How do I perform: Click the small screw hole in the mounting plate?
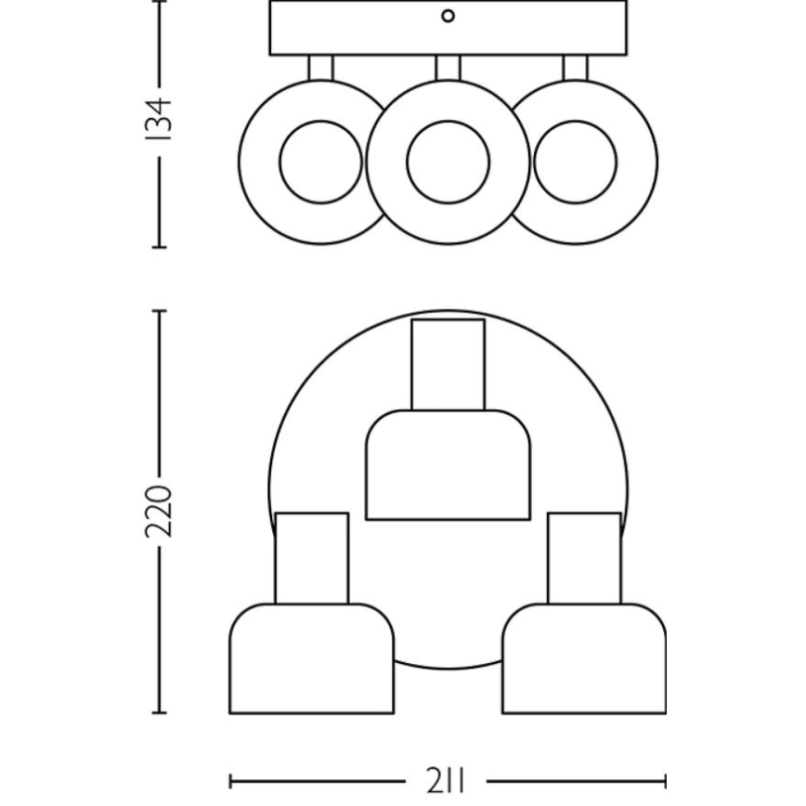(x=448, y=16)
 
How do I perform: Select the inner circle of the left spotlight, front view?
(x=320, y=162)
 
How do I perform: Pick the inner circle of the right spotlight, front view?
(x=576, y=162)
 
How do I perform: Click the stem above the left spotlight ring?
(x=320, y=68)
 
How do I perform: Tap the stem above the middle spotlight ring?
(x=448, y=67)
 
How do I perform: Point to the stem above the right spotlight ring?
(x=575, y=68)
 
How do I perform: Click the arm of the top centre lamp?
(x=448, y=364)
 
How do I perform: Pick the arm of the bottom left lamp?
(x=311, y=557)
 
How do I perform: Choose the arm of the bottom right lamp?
(x=584, y=557)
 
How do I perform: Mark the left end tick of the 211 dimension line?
(x=230, y=781)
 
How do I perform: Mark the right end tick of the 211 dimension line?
(x=665, y=781)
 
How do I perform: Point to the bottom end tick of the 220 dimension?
(x=159, y=713)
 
